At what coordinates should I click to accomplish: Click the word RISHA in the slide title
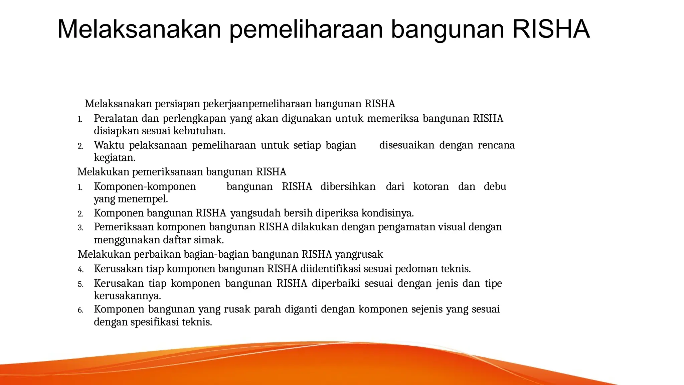click(x=551, y=29)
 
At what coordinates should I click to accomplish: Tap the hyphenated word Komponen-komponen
click(x=145, y=186)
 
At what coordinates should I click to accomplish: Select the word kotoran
click(x=431, y=186)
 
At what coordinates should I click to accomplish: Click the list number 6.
click(x=80, y=310)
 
